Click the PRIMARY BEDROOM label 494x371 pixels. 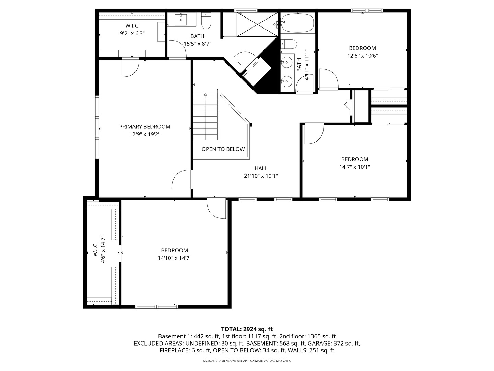[x=144, y=127]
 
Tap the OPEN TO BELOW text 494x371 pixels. [x=223, y=149]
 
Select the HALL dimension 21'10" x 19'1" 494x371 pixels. [x=261, y=176]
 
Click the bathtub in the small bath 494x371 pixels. [x=297, y=23]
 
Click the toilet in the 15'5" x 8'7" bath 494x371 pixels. [x=206, y=22]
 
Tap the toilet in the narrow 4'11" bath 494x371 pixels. [x=290, y=44]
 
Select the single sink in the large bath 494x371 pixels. [x=181, y=20]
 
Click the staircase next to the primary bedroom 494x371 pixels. [x=205, y=117]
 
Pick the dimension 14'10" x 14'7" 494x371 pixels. [x=174, y=258]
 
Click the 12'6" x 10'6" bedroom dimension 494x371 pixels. [x=362, y=56]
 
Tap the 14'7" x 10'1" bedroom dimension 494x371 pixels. [x=354, y=167]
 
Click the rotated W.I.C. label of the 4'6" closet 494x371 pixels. [x=95, y=249]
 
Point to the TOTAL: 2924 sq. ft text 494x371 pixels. [x=247, y=329]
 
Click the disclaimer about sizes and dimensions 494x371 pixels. [x=247, y=361]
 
